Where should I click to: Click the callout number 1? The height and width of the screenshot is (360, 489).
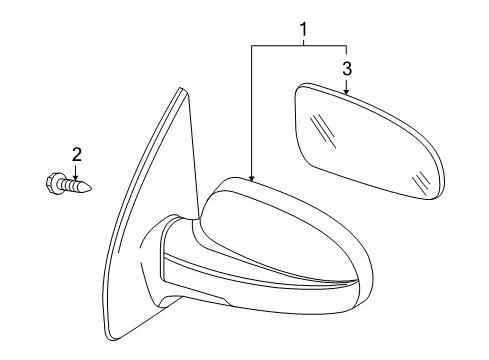pos(302,33)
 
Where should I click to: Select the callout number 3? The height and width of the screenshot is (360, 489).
pos(346,68)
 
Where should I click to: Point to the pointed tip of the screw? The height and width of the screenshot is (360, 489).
pos(95,186)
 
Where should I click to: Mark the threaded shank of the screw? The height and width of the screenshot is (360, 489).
pos(78,185)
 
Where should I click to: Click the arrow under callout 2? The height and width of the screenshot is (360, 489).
pos(74,170)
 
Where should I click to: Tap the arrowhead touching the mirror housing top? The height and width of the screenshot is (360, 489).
pos(252,177)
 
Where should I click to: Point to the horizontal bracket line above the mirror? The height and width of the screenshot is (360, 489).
pos(299,46)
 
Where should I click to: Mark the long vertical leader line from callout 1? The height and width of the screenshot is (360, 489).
pos(252,110)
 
